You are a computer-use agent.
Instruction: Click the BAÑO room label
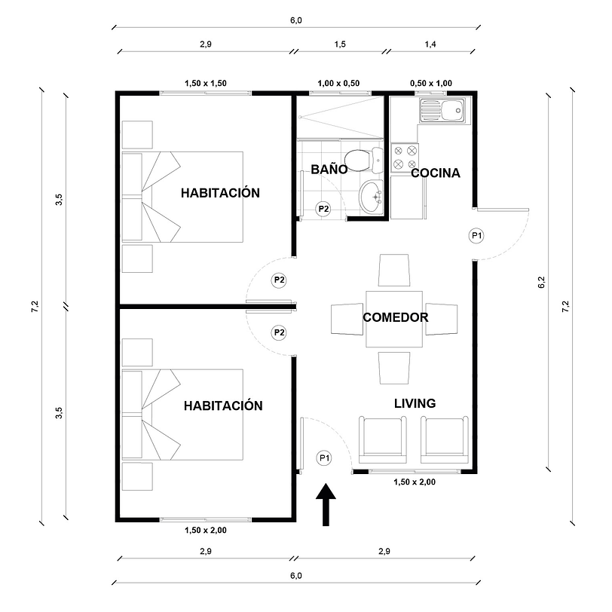[x=329, y=170]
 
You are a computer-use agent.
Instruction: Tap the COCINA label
[x=435, y=173]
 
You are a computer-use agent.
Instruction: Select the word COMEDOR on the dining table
[x=395, y=317]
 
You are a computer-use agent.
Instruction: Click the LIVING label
[x=415, y=403]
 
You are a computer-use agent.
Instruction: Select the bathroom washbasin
[x=371, y=197]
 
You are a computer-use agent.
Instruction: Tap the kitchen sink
[x=444, y=112]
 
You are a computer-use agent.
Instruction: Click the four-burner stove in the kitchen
[x=405, y=157]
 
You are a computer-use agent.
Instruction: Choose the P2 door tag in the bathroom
[x=323, y=209]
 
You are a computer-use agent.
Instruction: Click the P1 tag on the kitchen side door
[x=476, y=235]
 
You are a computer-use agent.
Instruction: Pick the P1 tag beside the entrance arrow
[x=324, y=457]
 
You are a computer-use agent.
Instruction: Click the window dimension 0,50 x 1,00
[x=430, y=83]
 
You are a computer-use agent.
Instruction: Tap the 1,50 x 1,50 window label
[x=205, y=83]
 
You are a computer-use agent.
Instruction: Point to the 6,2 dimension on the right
[x=541, y=283]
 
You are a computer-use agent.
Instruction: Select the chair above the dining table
[x=394, y=271]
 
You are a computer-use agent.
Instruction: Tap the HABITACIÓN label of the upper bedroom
[x=220, y=193]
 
